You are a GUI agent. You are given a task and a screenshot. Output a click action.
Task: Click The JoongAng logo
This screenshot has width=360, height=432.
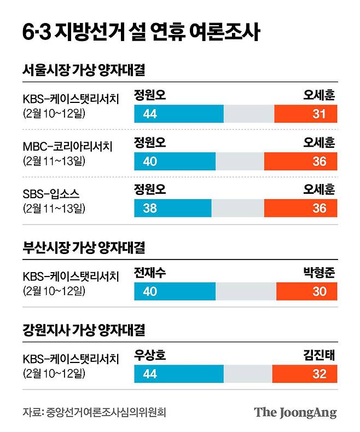click(x=295, y=412)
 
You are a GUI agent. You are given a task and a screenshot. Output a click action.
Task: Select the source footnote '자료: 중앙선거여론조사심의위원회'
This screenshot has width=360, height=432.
click(x=94, y=412)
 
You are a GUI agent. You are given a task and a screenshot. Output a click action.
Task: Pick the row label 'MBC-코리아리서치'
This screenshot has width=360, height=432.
click(x=67, y=146)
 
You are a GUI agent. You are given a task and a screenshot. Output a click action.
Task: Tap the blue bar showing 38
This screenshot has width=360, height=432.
click(x=172, y=209)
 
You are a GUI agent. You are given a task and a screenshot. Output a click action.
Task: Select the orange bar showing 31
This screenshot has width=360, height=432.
click(x=305, y=114)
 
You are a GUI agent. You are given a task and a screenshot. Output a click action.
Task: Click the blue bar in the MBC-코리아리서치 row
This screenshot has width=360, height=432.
click(x=175, y=162)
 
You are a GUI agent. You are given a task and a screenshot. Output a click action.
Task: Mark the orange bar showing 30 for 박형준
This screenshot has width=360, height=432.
click(x=306, y=291)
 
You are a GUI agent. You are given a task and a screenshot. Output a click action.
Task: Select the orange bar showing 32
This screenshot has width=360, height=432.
click(x=304, y=375)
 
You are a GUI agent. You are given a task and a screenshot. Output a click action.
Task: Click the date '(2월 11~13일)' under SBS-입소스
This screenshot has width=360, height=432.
click(x=54, y=209)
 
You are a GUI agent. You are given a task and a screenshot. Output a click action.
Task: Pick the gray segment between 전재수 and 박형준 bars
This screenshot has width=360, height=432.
click(x=246, y=291)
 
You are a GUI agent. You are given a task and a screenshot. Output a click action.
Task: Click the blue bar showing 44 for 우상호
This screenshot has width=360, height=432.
click(x=178, y=375)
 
